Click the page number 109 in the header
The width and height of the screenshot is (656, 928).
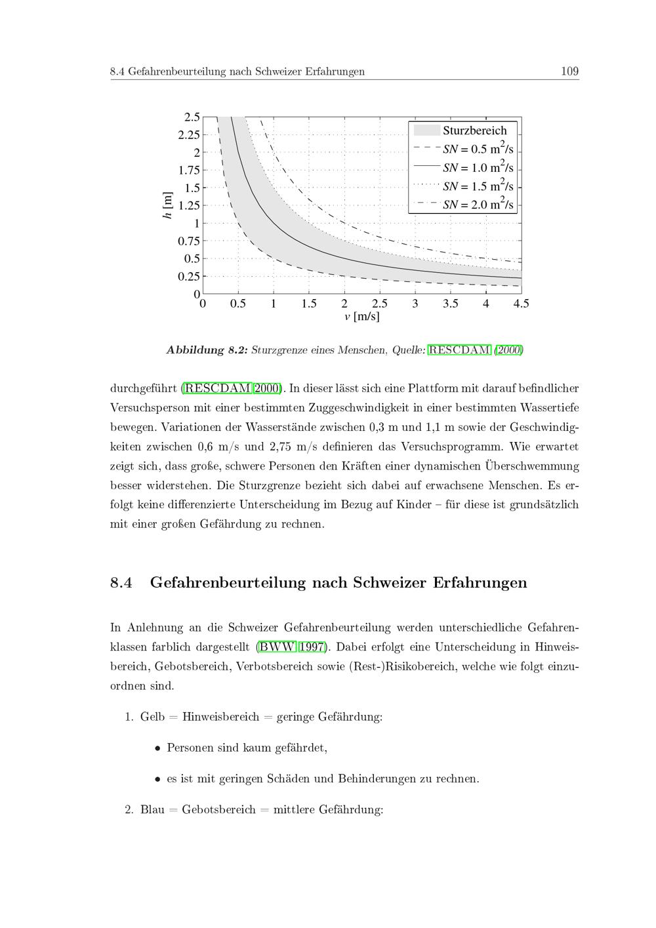[x=569, y=71]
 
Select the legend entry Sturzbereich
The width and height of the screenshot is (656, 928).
[x=474, y=131]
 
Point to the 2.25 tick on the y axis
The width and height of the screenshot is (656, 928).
[x=189, y=135]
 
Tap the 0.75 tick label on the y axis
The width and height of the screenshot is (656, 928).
[x=189, y=241]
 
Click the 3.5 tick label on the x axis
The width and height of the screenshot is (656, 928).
[x=450, y=304]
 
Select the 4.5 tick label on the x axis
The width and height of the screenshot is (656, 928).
[x=521, y=304]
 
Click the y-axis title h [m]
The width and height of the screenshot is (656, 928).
[x=167, y=205]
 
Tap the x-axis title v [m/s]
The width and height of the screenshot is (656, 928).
[x=361, y=317]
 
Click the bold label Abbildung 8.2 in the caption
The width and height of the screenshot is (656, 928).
[x=207, y=350]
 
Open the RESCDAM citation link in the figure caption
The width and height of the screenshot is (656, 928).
[x=459, y=350]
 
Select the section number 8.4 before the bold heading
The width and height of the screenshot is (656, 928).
[x=121, y=582]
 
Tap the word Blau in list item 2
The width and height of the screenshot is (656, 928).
[x=152, y=809]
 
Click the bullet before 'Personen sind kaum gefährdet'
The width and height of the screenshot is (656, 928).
[x=157, y=748]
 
